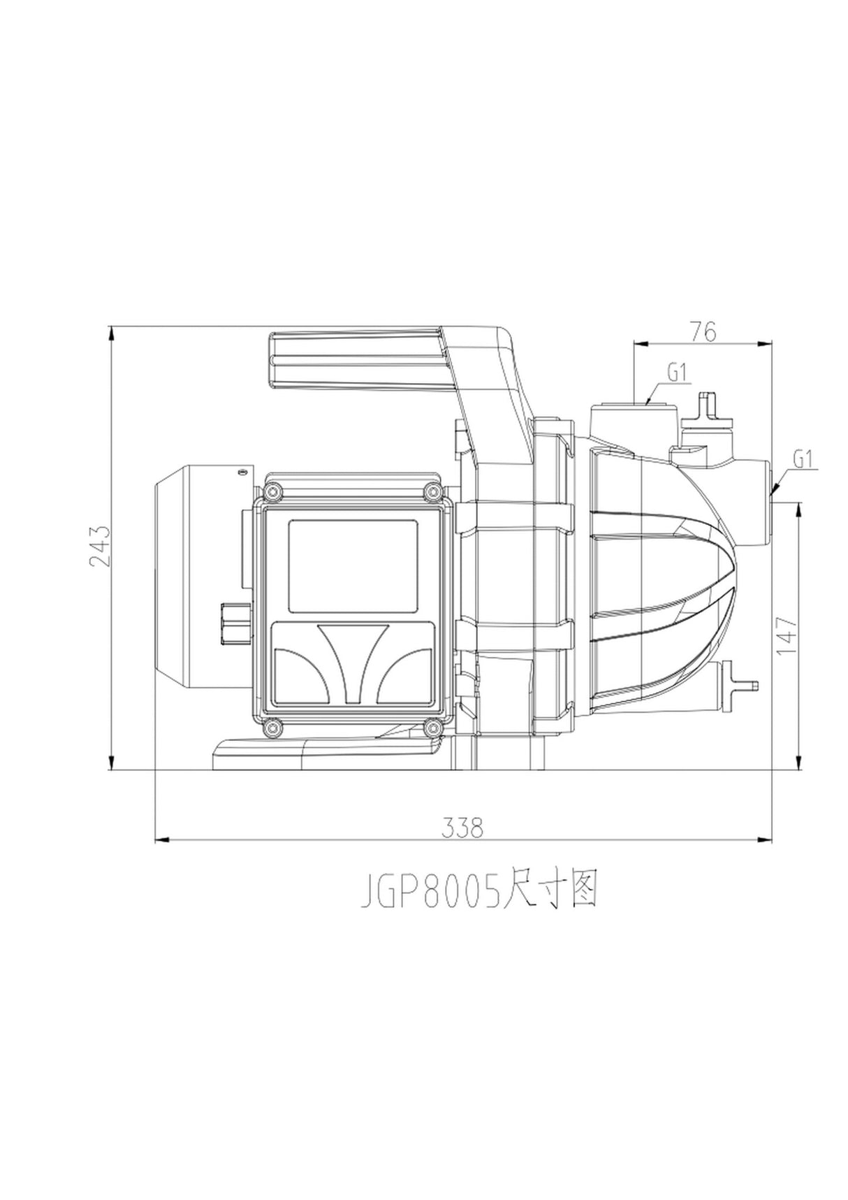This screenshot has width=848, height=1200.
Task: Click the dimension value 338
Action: click(462, 827)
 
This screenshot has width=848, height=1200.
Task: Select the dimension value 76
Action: click(703, 332)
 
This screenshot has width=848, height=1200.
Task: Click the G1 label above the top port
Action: click(677, 373)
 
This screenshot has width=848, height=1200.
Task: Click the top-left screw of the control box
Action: click(272, 491)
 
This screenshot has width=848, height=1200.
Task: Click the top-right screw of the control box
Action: click(433, 491)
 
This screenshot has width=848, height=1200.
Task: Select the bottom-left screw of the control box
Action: click(272, 728)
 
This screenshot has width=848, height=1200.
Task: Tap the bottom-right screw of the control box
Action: click(433, 728)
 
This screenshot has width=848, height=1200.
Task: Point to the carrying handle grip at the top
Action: click(356, 359)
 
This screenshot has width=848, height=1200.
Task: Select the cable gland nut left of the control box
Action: click(234, 623)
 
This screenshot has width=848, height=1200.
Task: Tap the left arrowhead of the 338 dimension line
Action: click(161, 839)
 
